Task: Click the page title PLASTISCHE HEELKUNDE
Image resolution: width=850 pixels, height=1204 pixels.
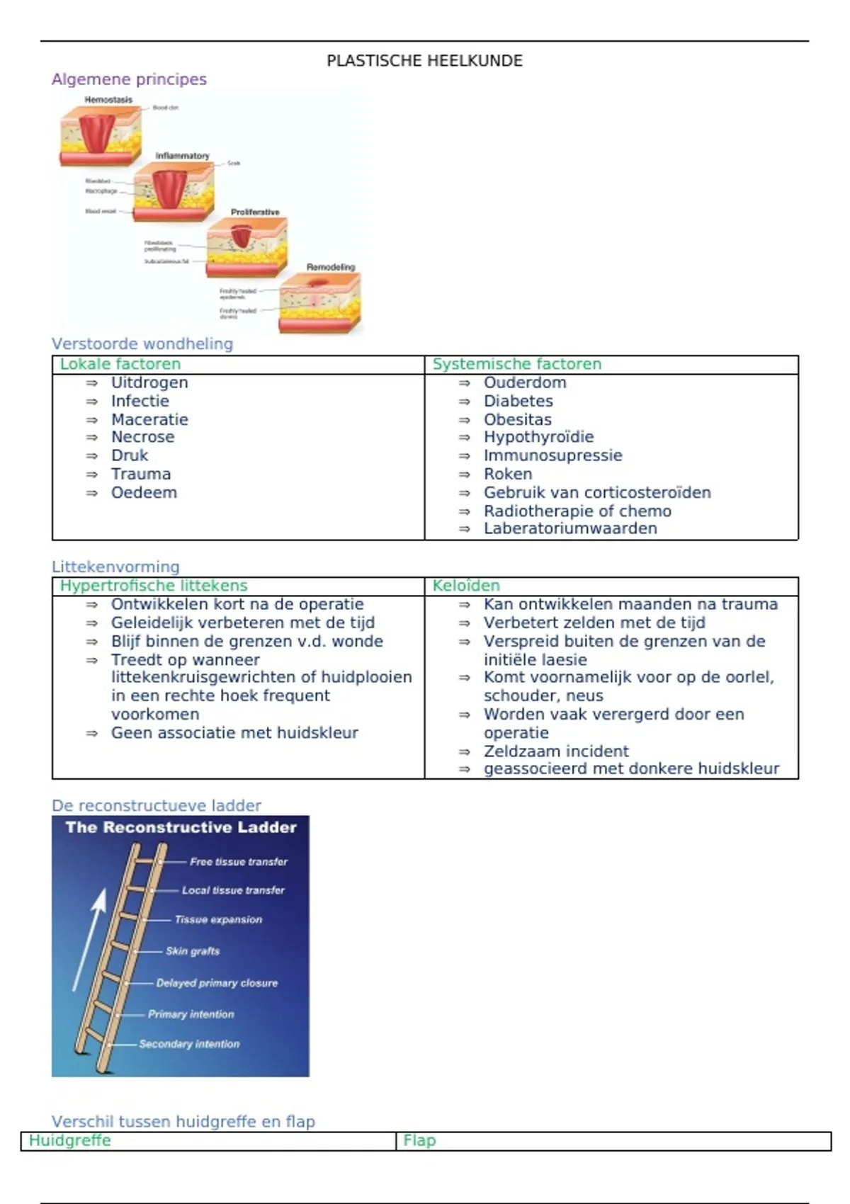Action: [424, 61]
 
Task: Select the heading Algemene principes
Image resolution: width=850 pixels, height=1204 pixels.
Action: [129, 79]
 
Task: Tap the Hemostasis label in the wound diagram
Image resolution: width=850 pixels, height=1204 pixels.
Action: [108, 100]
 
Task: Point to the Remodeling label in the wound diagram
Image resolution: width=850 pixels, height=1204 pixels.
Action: [330, 267]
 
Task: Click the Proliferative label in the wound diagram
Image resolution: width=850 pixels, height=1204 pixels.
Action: [255, 212]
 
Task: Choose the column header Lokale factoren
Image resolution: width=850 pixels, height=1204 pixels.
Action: [120, 364]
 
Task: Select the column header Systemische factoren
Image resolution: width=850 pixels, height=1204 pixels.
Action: [517, 364]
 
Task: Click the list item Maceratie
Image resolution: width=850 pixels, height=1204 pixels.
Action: [149, 419]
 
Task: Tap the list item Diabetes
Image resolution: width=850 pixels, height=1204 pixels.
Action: [518, 401]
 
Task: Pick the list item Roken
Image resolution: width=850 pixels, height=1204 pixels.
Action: [508, 474]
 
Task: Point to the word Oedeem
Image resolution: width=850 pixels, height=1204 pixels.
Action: [144, 492]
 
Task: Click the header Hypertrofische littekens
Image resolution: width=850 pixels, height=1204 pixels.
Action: [154, 586]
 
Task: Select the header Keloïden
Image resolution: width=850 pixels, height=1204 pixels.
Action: [466, 586]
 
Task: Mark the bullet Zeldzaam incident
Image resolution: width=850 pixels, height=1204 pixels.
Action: [556, 751]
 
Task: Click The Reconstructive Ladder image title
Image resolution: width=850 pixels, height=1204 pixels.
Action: [181, 827]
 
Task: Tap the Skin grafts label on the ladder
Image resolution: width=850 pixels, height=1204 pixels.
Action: [193, 950]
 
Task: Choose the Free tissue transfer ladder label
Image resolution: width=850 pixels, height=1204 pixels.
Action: [239, 862]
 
